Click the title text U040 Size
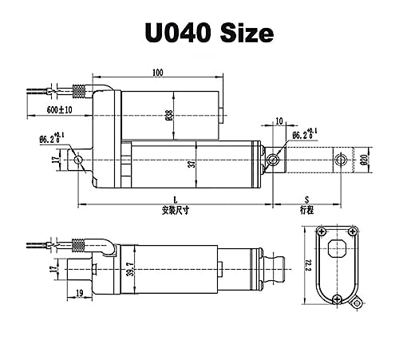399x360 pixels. tap(209, 33)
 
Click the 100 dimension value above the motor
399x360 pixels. tap(158, 73)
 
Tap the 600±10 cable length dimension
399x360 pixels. tap(60, 109)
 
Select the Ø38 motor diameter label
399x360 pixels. tap(170, 116)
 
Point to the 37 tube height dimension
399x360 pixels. tap(192, 163)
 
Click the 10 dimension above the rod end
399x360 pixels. tap(279, 121)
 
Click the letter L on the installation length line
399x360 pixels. tap(175, 200)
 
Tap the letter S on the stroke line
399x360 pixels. tap(306, 200)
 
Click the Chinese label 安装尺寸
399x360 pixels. tap(176, 211)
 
